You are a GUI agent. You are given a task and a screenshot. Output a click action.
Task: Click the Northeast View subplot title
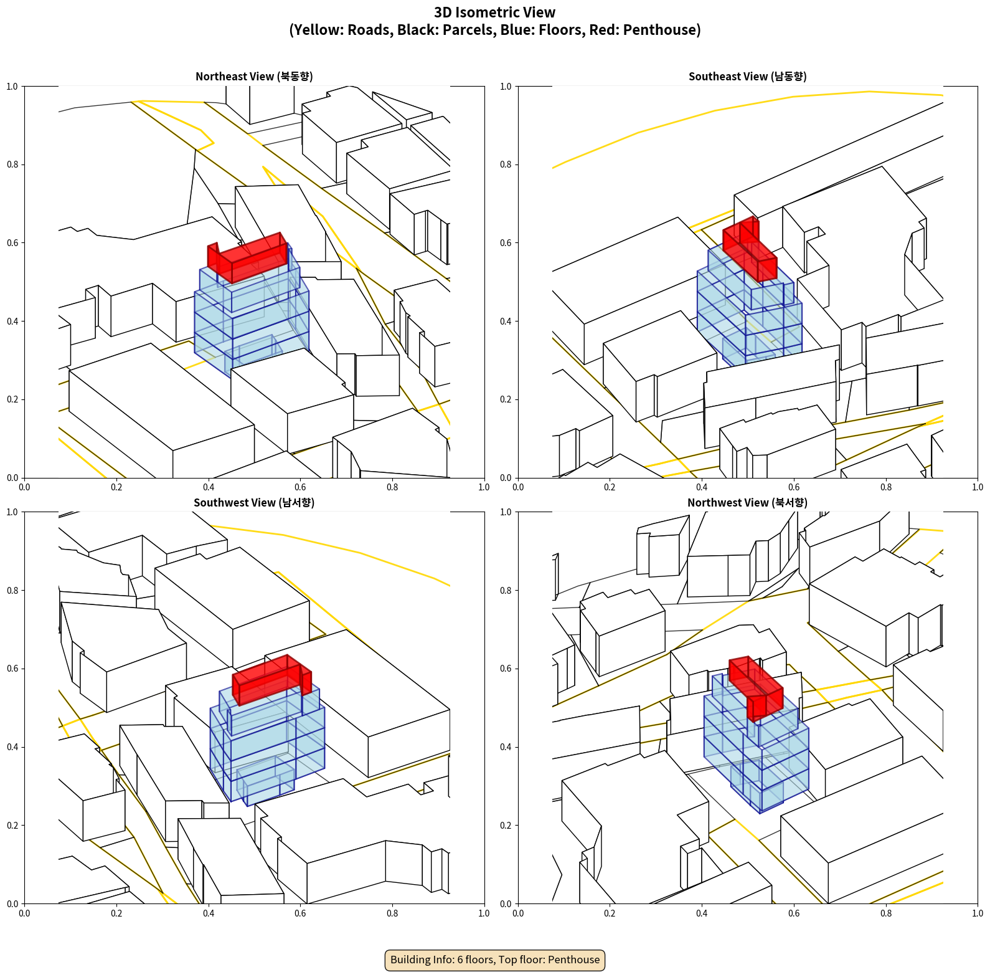pos(254,77)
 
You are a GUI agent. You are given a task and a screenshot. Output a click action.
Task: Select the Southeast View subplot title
pos(747,77)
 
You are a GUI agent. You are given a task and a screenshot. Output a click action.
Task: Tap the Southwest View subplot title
pos(254,503)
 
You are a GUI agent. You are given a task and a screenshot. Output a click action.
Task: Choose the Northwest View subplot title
pos(747,503)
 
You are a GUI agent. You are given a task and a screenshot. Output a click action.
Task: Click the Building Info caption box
pos(495,960)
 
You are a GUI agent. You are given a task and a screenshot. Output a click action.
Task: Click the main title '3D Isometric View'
pos(495,12)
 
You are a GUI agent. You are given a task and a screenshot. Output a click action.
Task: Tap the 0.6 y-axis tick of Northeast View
pos(12,243)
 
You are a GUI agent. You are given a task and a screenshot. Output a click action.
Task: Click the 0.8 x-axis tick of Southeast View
pos(886,487)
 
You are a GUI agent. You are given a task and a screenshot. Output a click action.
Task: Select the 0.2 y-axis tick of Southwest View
pos(12,826)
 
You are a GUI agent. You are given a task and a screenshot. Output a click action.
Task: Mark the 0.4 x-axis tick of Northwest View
pos(702,913)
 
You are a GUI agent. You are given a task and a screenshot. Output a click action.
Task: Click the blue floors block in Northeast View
pos(252,312)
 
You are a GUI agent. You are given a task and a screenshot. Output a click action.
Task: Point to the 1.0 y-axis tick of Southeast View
pos(506,87)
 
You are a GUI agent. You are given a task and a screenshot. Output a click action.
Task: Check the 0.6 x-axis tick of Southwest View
pos(300,913)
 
